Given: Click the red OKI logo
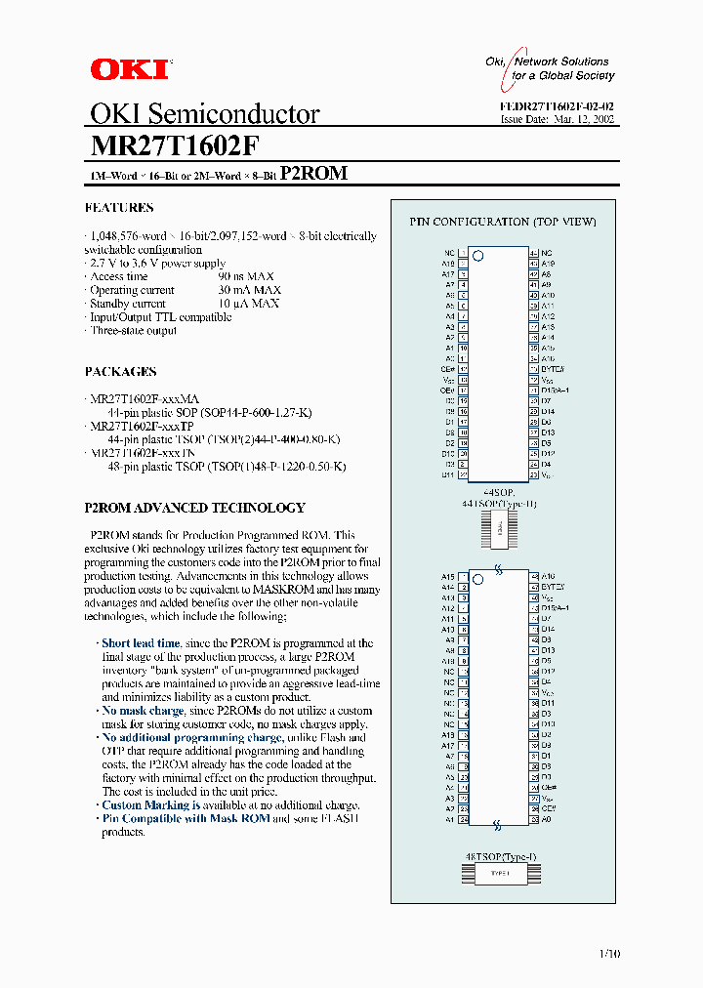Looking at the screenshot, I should pos(129,68).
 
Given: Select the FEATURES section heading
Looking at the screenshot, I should pos(119,208).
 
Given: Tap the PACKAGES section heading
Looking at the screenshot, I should pos(121,372).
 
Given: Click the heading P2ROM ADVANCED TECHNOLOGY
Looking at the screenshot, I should pos(195,509).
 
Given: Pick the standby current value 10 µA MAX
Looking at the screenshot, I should pos(248,304).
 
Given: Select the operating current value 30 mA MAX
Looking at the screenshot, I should pos(249,290).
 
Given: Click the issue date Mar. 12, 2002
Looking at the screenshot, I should pos(588,119).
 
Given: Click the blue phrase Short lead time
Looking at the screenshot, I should pos(141,643).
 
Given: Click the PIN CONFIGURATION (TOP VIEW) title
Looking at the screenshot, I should pos(503,222).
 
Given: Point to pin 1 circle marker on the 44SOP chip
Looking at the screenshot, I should pos(478,258).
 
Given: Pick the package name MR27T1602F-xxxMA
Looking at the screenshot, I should pos(145,399).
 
